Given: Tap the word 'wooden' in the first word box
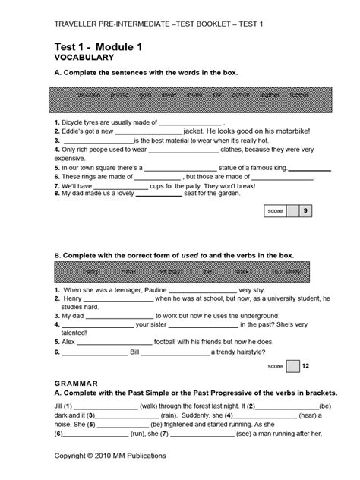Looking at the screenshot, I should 87,96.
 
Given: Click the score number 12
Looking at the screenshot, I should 305,344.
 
